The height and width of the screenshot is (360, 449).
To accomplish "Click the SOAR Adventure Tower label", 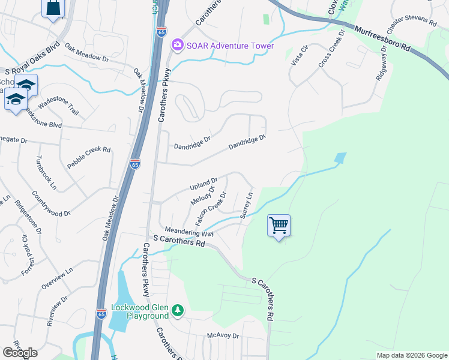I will pyautogui.click(x=230, y=46).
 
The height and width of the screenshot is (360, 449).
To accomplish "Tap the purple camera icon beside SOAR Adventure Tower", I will pyautogui.click(x=177, y=46).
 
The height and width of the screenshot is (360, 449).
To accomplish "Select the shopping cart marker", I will pyautogui.click(x=279, y=226).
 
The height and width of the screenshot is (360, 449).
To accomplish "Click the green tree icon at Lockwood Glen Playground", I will pyautogui.click(x=177, y=310).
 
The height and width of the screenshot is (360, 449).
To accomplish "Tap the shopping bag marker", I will pyautogui.click(x=53, y=8).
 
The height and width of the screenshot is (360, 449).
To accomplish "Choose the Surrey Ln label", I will pyautogui.click(x=246, y=205).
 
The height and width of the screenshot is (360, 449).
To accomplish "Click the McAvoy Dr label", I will pyautogui.click(x=223, y=336).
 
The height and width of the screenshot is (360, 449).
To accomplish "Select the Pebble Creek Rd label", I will pyautogui.click(x=89, y=158).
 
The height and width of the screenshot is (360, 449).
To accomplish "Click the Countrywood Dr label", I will pyautogui.click(x=52, y=204).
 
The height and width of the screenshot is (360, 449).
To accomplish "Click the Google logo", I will pyautogui.click(x=20, y=352).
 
